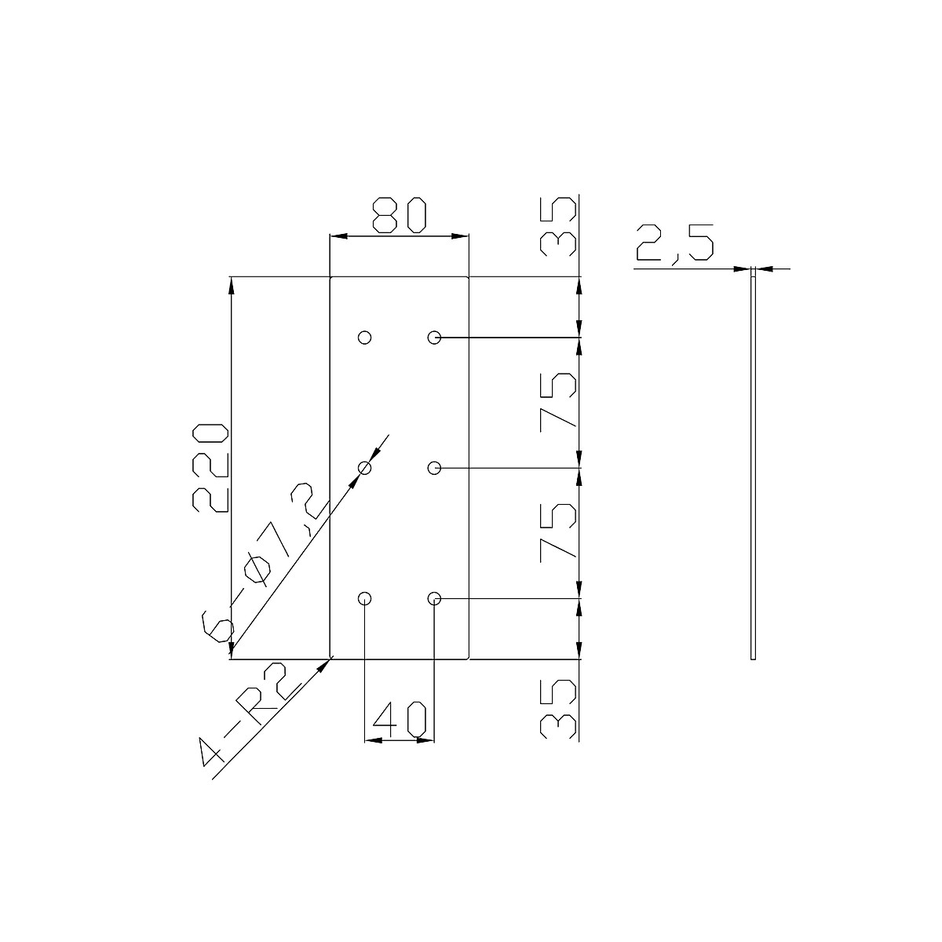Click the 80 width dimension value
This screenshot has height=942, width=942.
[399, 215]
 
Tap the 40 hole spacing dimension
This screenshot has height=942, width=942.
[400, 719]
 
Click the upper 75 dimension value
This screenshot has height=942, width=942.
[559, 402]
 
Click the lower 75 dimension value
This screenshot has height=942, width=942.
[559, 533]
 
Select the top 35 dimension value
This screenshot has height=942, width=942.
[559, 225]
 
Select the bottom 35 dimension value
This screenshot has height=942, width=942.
[559, 709]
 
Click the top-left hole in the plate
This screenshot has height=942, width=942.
[364, 338]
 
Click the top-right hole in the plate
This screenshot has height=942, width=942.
[434, 338]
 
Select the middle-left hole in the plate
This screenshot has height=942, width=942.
[364, 468]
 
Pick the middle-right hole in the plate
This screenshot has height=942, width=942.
[434, 468]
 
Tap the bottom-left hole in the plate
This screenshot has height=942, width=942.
[364, 599]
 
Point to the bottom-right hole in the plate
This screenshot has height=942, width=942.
[434, 599]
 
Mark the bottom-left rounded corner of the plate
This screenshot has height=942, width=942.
[331, 658]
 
